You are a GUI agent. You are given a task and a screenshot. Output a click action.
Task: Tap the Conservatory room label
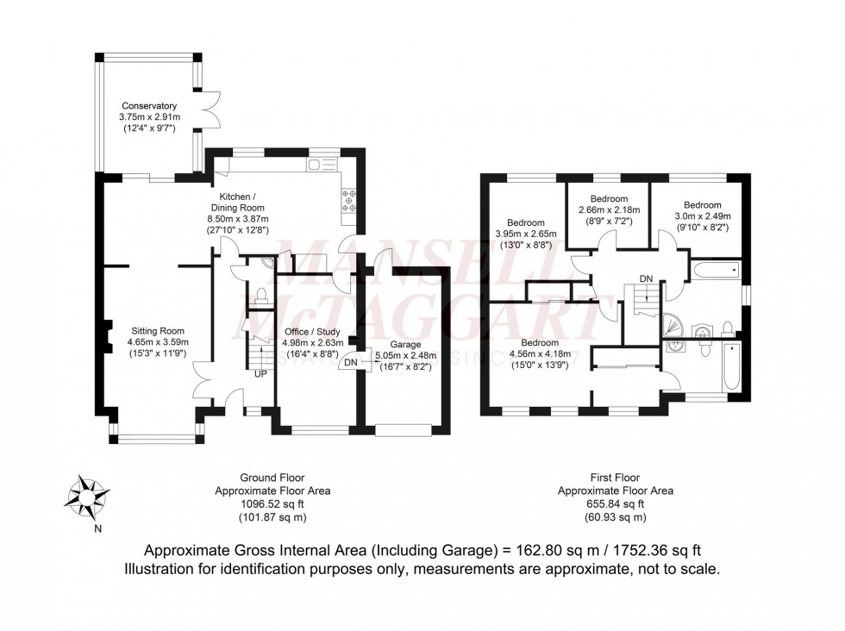click(149, 106)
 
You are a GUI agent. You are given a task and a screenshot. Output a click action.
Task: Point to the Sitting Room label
click(158, 330)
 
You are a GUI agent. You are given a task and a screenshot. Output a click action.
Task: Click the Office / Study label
click(312, 332)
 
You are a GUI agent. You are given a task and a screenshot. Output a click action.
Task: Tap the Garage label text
click(410, 344)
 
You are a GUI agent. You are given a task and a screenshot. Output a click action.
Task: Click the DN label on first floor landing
click(645, 278)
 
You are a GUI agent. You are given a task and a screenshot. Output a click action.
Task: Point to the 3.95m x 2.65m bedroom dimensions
click(526, 234)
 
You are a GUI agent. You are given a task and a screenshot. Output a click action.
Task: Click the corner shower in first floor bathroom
click(672, 325)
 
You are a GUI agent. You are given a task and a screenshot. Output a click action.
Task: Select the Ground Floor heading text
click(272, 478)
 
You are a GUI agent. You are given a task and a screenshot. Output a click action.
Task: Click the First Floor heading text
click(616, 478)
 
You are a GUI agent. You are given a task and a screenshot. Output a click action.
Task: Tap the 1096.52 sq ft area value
click(272, 504)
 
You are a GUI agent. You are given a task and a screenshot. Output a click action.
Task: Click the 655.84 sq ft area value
click(616, 504)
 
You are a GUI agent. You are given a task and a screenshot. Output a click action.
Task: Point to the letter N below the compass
click(97, 528)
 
